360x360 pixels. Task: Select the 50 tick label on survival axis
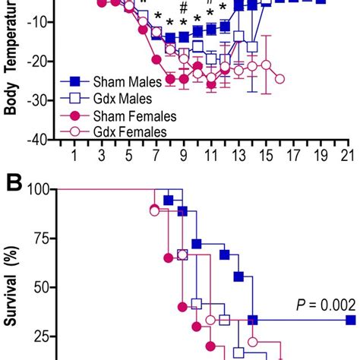click(41, 287)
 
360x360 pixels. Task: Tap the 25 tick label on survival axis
click(41, 336)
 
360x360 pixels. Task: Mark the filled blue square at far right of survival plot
click(350, 320)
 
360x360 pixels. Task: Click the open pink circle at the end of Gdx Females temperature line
click(280, 78)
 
